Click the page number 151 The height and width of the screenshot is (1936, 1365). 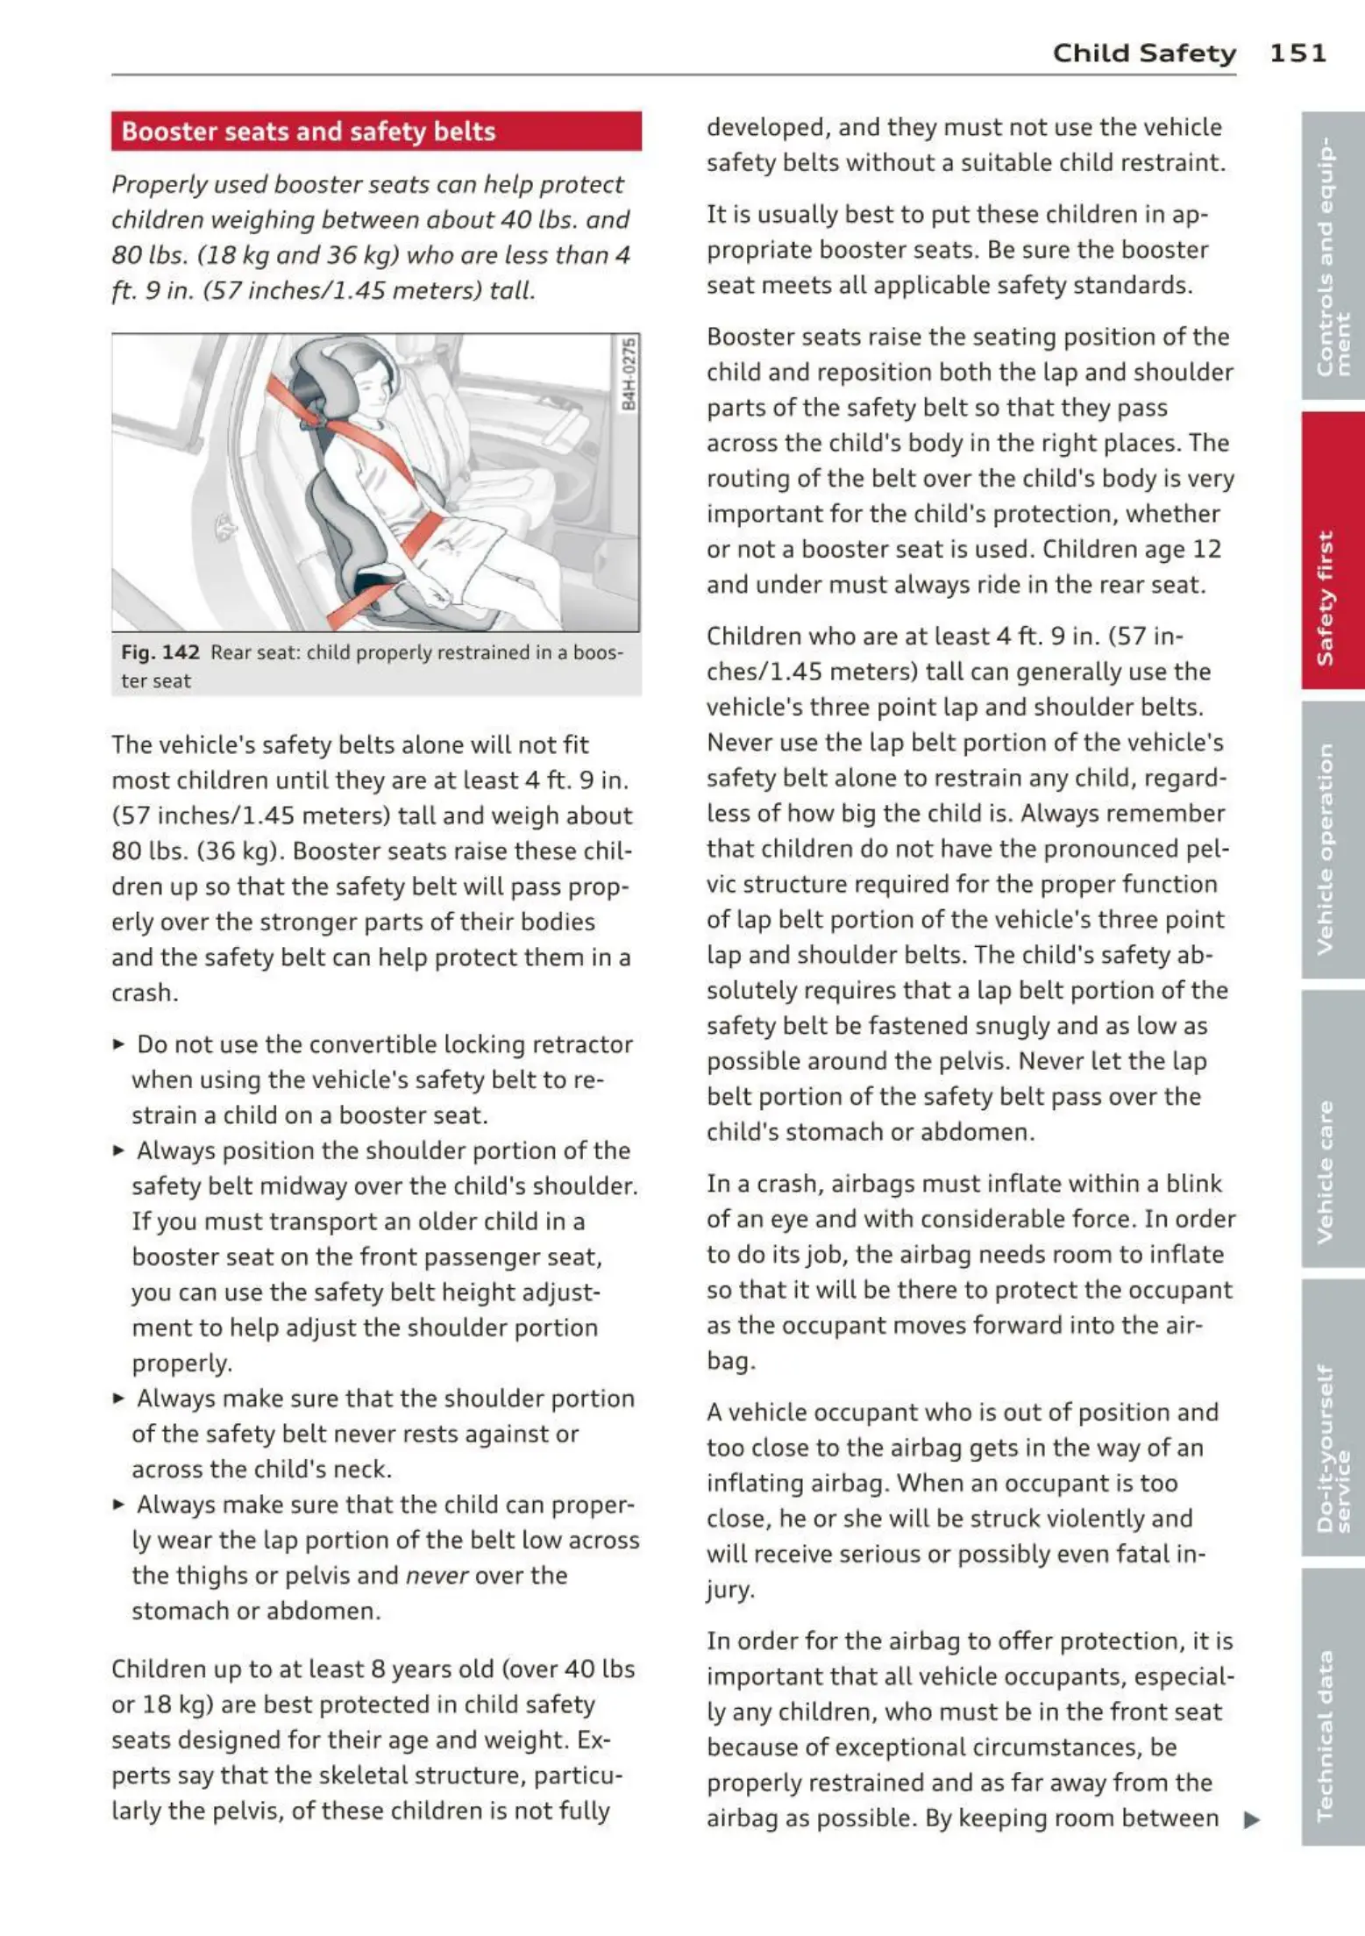(1297, 53)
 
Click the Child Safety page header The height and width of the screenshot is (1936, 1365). (1144, 53)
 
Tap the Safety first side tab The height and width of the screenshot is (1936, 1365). (1332, 550)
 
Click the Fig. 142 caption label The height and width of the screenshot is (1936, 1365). (160, 652)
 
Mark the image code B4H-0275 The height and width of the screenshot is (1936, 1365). (629, 374)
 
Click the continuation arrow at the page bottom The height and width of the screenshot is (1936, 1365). (1252, 1819)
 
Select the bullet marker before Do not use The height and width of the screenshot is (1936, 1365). (119, 1043)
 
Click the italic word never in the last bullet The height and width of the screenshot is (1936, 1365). (437, 1576)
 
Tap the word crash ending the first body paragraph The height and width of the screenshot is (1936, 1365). (145, 993)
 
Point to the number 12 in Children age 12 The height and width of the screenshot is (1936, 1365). (1206, 549)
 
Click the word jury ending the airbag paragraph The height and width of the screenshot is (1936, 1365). (729, 1590)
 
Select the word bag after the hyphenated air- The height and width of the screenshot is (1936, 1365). (729, 1361)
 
